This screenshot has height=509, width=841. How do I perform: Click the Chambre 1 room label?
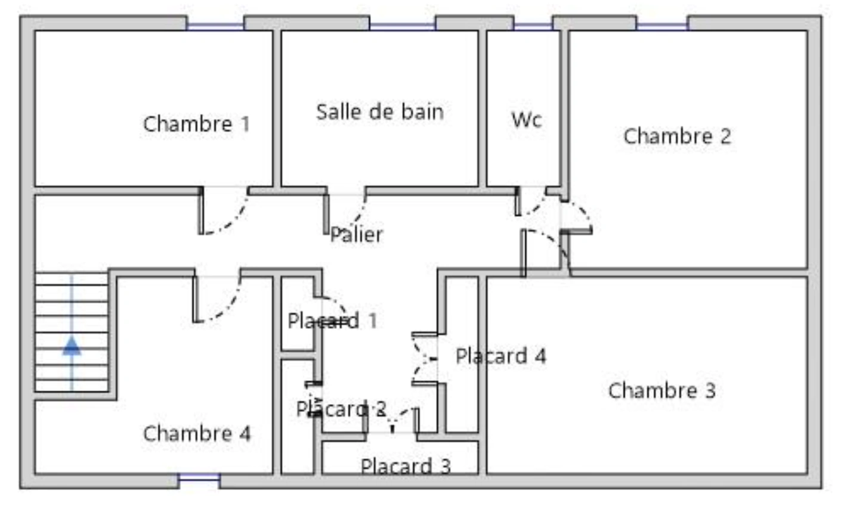click(x=196, y=124)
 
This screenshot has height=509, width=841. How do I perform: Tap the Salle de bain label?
click(x=380, y=112)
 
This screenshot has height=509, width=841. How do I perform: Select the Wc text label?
click(x=527, y=120)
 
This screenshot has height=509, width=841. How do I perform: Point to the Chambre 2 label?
click(x=678, y=136)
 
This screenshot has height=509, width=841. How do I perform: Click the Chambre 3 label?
click(x=662, y=390)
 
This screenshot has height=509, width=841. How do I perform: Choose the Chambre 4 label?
click(x=197, y=433)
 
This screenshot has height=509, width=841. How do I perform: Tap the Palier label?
click(x=357, y=234)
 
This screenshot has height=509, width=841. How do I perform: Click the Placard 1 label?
click(x=332, y=321)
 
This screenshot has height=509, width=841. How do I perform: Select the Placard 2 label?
click(x=341, y=409)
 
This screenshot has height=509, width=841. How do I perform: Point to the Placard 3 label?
click(x=406, y=466)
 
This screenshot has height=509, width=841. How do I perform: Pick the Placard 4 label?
click(x=501, y=356)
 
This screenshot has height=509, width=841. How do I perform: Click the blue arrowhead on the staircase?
click(x=72, y=346)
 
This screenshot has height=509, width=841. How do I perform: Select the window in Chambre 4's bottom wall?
click(x=199, y=477)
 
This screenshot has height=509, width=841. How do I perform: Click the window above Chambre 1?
click(x=215, y=26)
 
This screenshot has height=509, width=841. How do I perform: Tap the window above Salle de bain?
click(x=403, y=26)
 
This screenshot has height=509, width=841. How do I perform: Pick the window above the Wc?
click(x=533, y=26)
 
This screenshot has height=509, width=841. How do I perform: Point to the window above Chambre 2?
click(x=662, y=26)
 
